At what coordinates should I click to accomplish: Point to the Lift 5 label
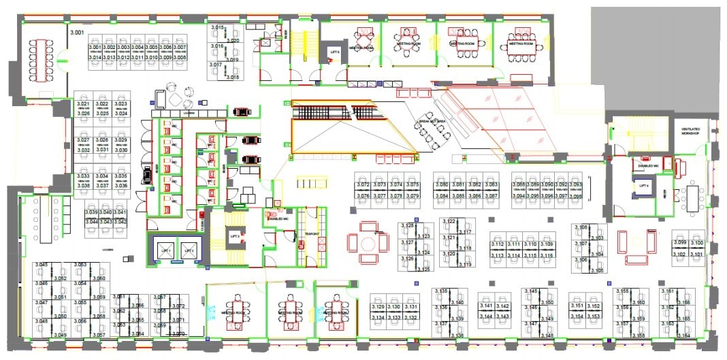tap(334, 52)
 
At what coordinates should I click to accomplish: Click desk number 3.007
tap(180, 48)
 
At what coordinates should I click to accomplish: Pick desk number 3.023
tap(121, 104)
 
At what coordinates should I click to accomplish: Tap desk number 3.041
tap(120, 212)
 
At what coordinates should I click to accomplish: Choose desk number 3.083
tap(491, 184)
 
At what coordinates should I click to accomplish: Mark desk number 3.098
tap(575, 196)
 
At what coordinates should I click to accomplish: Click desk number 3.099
tap(679, 242)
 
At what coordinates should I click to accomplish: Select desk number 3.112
tap(498, 244)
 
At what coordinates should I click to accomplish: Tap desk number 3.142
tap(503, 306)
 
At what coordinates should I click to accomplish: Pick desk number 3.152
tap(594, 306)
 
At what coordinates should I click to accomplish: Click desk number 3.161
tap(668, 291)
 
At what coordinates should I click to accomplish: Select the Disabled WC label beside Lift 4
tap(645, 165)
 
